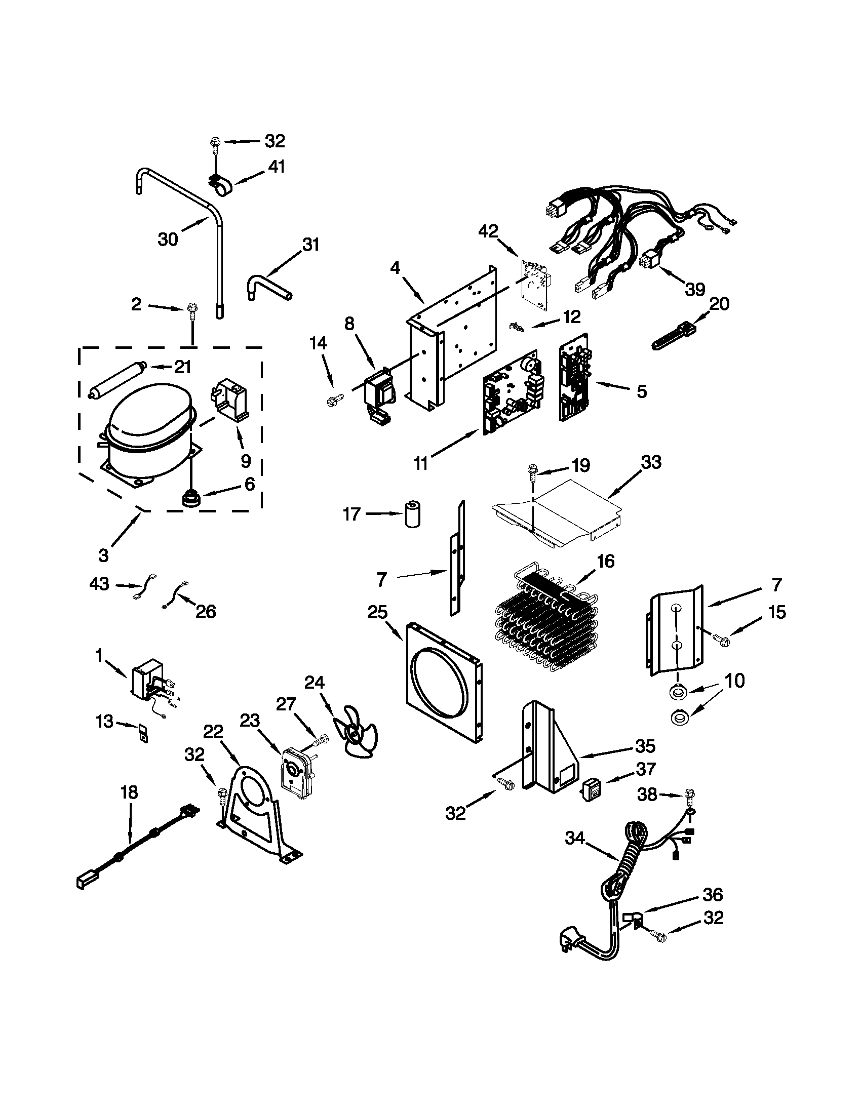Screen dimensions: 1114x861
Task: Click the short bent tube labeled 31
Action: [x=269, y=285]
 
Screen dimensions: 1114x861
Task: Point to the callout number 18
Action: [x=129, y=792]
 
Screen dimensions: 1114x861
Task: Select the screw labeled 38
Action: [x=689, y=794]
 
